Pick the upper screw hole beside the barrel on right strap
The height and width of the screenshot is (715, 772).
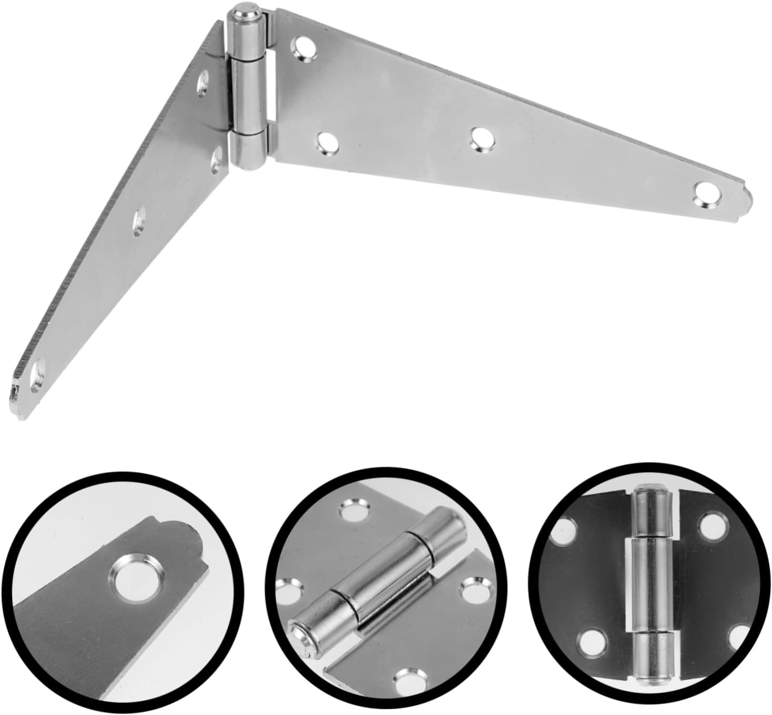click(x=304, y=47)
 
